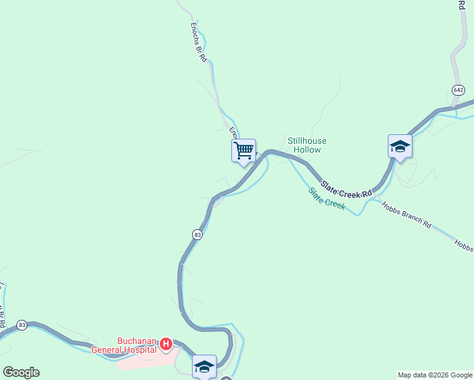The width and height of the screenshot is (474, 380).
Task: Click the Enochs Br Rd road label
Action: pos(198,43)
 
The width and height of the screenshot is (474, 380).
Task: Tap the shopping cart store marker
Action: pos(243,151)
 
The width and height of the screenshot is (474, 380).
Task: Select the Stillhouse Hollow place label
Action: pos(305,145)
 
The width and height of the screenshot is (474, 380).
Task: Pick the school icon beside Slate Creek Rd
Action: pos(400,146)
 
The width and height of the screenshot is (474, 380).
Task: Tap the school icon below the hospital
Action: pos(204,367)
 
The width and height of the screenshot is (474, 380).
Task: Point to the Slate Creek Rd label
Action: pos(345,188)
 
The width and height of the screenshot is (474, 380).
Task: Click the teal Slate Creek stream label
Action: pos(327,198)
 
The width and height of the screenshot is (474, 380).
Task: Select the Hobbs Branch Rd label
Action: pos(406,215)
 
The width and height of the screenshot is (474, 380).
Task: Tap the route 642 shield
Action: pos(458,89)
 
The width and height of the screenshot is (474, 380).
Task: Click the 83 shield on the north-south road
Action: pos(198,234)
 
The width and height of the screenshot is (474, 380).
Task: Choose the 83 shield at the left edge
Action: pos(22,325)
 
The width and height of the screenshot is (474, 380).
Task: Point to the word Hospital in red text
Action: pos(141,349)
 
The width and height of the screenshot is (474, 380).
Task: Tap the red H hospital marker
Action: pos(165,345)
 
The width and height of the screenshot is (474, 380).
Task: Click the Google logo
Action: pos(21,372)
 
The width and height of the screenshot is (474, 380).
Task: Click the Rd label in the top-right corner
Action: pos(461,4)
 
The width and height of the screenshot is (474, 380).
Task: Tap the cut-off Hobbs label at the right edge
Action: pos(464,245)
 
